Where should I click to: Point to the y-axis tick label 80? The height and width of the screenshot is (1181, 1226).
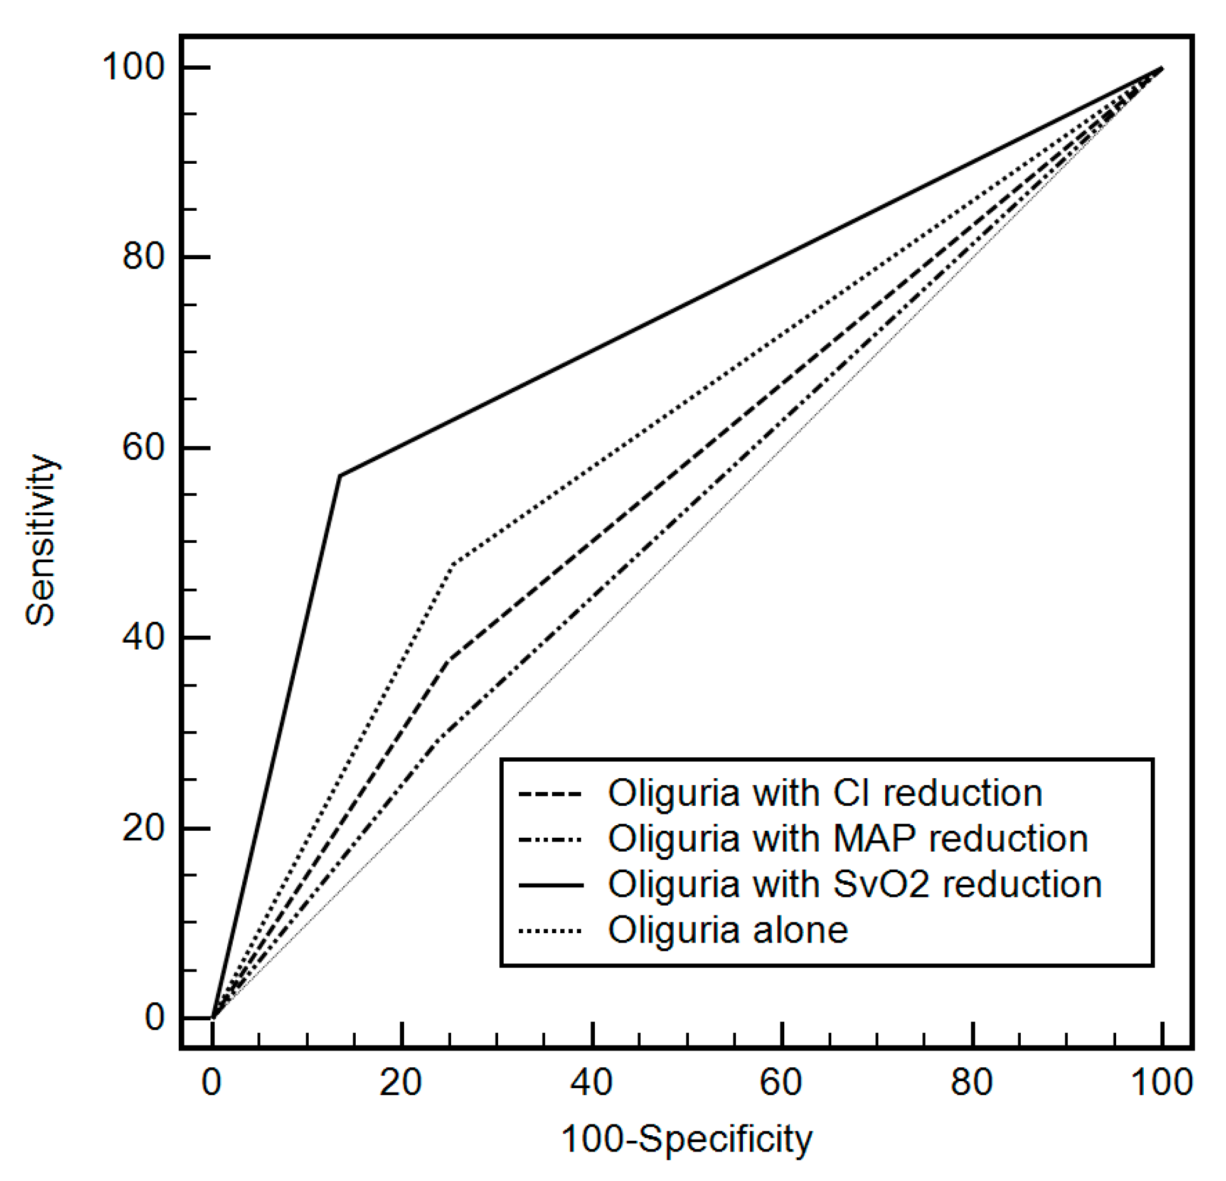point(144,257)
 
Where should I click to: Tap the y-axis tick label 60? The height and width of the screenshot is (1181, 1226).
point(144,447)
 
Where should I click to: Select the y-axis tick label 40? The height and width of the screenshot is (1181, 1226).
point(144,638)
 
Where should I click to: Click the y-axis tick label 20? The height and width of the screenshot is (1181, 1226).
point(144,828)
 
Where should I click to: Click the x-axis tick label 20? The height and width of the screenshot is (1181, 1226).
point(400,1082)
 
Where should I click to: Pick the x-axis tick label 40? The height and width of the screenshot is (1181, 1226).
point(591,1082)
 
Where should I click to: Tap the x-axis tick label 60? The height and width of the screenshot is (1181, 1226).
point(781,1082)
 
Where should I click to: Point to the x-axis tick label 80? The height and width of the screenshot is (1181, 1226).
point(971,1082)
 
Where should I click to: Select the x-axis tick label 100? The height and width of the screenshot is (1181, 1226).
point(1161,1082)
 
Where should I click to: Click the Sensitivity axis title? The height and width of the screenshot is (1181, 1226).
point(41,540)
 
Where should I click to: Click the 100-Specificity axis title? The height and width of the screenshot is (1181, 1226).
point(686,1139)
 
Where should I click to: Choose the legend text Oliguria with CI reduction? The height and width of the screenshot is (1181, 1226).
point(825,793)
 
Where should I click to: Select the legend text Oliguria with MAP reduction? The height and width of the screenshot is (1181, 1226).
point(848,838)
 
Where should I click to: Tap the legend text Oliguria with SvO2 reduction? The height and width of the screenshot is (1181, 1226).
point(855,884)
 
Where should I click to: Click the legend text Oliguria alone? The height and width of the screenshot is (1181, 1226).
point(728,929)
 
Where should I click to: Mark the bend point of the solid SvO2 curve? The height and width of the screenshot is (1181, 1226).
point(340,475)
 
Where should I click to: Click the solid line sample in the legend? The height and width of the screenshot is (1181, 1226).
point(550,885)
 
